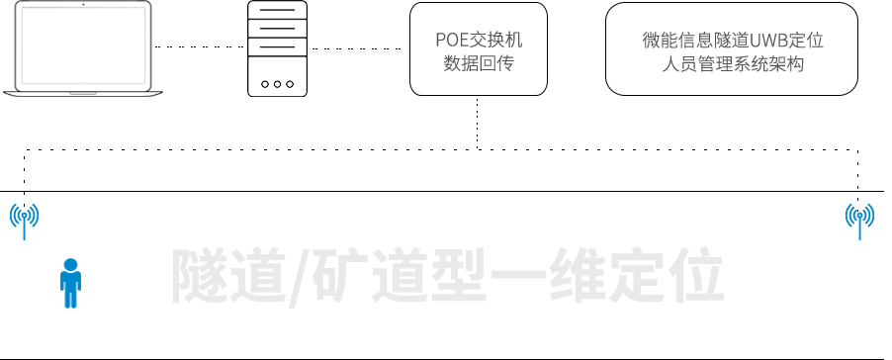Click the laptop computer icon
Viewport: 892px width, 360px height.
[x=79, y=45]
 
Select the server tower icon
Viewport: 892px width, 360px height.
[x=278, y=48]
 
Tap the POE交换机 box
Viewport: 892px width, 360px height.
[x=478, y=49]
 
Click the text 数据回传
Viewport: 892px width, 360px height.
[x=478, y=64]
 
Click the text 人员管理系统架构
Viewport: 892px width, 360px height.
[x=732, y=65]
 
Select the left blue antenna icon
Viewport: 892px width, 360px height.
[x=25, y=221]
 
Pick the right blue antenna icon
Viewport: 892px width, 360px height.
[x=859, y=221]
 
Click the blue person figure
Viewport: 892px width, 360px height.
[x=70, y=284]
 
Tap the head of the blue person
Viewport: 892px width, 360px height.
[x=70, y=264]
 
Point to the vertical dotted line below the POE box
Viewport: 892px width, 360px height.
[x=478, y=123]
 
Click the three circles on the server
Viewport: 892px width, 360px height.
[x=278, y=85]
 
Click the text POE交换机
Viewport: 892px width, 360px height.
[x=478, y=41]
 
